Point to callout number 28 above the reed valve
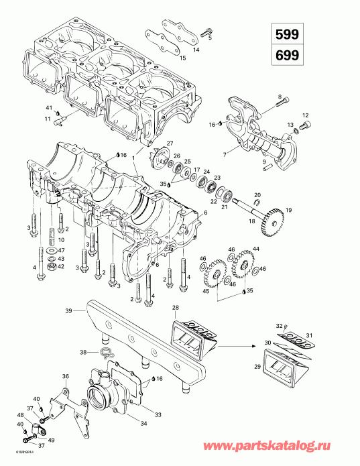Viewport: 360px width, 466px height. [176, 307]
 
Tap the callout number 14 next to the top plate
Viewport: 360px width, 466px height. [196, 50]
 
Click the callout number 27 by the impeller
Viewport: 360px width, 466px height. [170, 144]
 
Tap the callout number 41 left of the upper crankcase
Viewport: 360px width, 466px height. [48, 108]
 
